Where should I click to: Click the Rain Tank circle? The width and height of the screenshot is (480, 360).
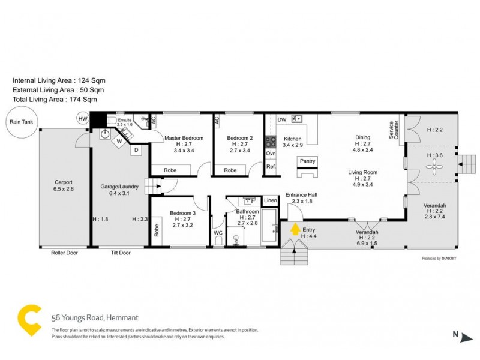click(x=17, y=121)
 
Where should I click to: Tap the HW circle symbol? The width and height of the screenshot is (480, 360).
click(x=82, y=119)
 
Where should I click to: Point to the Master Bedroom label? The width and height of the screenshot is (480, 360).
click(x=184, y=139)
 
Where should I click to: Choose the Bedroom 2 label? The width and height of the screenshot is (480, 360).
click(x=239, y=139)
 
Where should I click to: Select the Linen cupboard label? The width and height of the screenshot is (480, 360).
click(x=270, y=200)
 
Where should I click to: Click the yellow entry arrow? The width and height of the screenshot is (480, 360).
click(x=295, y=230)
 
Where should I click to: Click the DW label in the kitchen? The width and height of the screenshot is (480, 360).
click(x=281, y=120)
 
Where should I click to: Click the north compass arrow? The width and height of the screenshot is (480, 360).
click(x=464, y=336)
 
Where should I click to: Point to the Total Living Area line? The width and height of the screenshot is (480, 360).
click(x=55, y=100)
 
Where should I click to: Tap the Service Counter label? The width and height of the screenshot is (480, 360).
click(x=393, y=130)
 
